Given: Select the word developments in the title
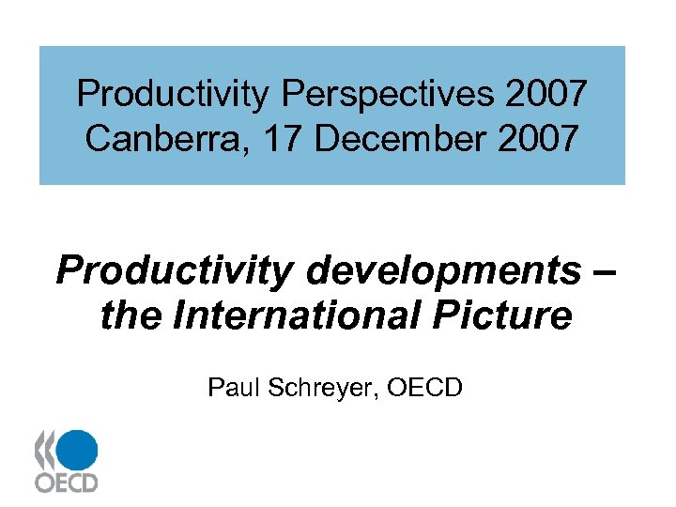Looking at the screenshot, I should (443, 271).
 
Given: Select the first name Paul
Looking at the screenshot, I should (235, 387).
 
